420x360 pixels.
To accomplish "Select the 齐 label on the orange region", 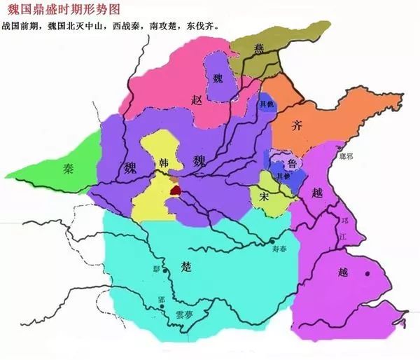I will pyautogui.click(x=297, y=126).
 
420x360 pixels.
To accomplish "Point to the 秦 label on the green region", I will pyautogui.click(x=68, y=168).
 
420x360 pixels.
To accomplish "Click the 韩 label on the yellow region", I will pyautogui.click(x=165, y=162).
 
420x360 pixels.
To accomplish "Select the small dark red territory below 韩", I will pyautogui.click(x=175, y=188).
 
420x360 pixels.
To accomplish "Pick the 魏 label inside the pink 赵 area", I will pyautogui.click(x=218, y=78).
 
